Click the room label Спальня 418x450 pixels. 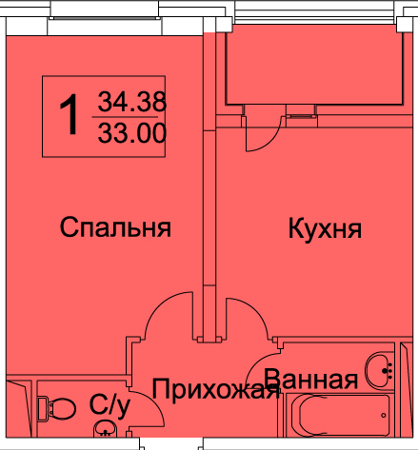click(115, 227)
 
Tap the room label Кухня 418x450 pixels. click(325, 228)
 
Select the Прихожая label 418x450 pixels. click(216, 389)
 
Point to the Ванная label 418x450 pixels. click(311, 379)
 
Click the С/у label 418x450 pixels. click(109, 406)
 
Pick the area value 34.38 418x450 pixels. click(132, 102)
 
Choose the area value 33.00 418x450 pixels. click(132, 133)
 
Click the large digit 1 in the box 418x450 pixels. click(70, 114)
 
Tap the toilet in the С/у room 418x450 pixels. click(56, 408)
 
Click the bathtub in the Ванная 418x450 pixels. click(337, 415)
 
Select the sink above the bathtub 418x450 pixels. click(379, 370)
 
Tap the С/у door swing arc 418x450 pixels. click(155, 402)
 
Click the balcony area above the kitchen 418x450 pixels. click(314, 68)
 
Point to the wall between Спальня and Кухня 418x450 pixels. click(209, 187)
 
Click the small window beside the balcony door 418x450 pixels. click(301, 116)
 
